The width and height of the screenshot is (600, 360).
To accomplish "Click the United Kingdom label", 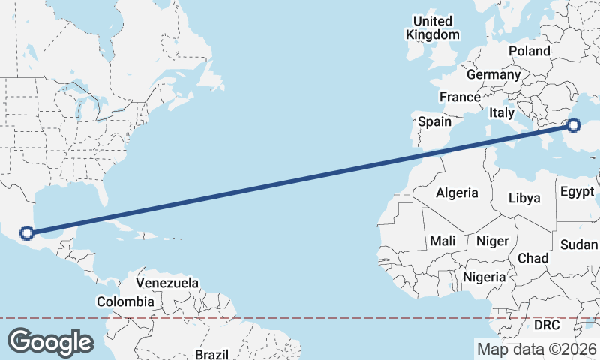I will pos(433,28).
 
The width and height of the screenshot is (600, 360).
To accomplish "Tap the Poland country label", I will pos(529,51).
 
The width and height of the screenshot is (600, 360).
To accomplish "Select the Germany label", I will pos(493,75).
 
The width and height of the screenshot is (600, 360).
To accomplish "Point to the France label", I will pos(460,97).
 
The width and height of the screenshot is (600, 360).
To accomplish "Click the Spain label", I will pos(434,121).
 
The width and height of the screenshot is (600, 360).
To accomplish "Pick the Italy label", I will pos(501,112).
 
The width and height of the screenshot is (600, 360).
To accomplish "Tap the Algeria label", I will pos(457,193).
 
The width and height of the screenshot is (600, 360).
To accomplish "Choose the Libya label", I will pos(523,199).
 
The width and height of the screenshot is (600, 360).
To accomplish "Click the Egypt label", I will pos(577,191).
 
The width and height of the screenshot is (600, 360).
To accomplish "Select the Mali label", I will pos(442,241).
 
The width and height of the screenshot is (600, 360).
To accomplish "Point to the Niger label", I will pos(493,241).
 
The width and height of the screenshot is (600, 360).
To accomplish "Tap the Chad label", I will pos(532,258).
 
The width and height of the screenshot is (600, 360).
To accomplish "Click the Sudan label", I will pos(579,245).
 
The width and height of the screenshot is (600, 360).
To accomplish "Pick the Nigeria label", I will pos(484,277).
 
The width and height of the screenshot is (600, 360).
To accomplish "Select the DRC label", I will pos(547,325).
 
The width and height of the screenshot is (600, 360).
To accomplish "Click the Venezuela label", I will pos(167,283).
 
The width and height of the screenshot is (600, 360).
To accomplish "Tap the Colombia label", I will pos(125,301).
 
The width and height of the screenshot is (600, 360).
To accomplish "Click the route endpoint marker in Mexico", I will pos(28,233).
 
